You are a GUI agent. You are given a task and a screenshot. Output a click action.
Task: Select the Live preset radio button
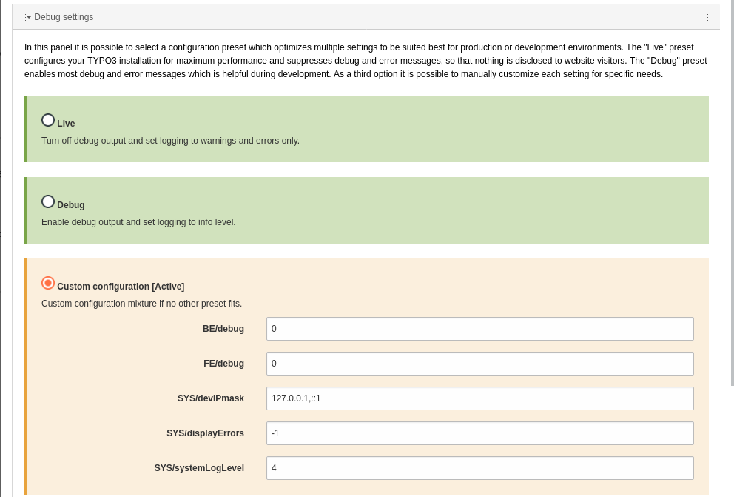coord(48,120)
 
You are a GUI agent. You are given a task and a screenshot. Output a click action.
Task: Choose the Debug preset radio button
coord(48,201)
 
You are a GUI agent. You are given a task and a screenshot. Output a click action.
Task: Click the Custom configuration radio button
coord(48,283)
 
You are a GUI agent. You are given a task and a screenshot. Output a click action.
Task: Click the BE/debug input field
coord(479,329)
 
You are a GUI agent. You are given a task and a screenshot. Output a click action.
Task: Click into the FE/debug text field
coord(479,364)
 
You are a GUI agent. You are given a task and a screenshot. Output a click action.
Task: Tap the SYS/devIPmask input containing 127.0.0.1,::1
coord(479,398)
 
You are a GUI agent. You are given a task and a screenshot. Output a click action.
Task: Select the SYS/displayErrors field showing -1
coord(479,433)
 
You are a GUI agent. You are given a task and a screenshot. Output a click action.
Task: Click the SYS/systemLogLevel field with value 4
coord(479,468)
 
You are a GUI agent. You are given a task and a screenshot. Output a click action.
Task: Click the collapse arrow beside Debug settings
coord(29,17)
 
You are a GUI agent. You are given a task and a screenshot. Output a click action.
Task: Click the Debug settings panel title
coord(64,17)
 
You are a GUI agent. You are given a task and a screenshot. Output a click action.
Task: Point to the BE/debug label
coord(223,329)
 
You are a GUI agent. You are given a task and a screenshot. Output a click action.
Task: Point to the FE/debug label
coord(223,364)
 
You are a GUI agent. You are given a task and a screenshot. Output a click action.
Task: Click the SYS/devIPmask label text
coord(210,398)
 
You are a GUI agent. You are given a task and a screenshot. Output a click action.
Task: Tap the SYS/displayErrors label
coord(205,433)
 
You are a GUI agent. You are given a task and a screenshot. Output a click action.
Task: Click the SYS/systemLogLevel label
coord(199,468)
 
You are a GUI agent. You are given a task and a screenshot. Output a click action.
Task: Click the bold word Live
coord(66,124)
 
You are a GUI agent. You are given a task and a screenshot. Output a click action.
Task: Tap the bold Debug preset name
coord(71,205)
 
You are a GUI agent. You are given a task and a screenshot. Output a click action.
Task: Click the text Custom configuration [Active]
coord(121,287)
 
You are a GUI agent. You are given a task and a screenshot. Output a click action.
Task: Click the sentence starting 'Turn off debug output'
coord(170,141)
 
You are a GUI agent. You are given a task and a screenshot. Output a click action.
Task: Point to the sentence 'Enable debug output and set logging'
coord(138,222)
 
